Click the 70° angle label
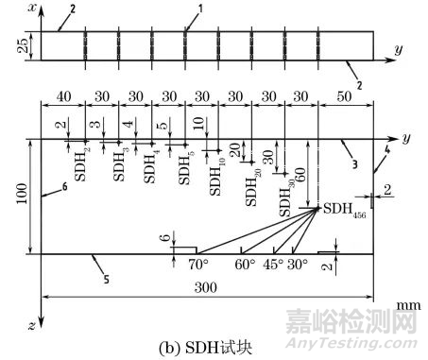(197, 265)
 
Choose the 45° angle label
(276, 265)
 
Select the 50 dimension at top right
(347, 97)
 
